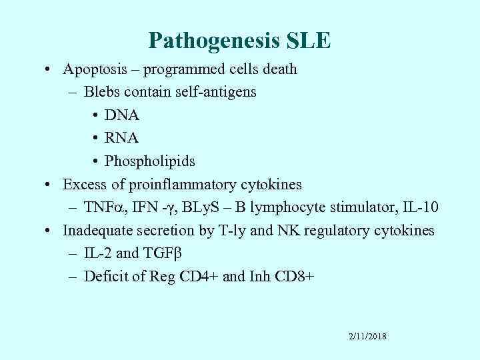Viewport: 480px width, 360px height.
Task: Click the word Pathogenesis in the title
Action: click(x=205, y=41)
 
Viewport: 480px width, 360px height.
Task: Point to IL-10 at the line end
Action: click(x=421, y=207)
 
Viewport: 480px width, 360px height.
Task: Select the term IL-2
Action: click(x=97, y=254)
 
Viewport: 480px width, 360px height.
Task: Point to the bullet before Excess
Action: click(x=51, y=185)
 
